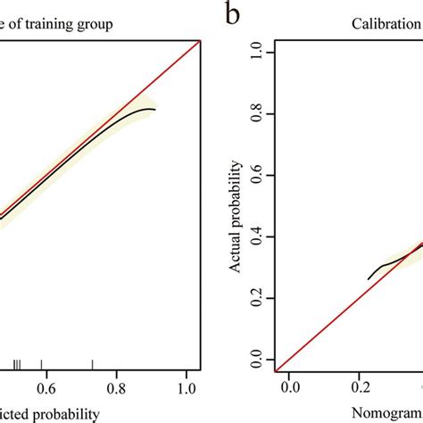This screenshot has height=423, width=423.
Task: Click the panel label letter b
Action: coord(232,15)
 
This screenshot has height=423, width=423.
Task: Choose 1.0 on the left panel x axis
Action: coord(187,388)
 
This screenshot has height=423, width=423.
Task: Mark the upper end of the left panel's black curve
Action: coord(154,110)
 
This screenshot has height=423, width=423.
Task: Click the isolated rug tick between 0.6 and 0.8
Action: coord(92,363)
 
